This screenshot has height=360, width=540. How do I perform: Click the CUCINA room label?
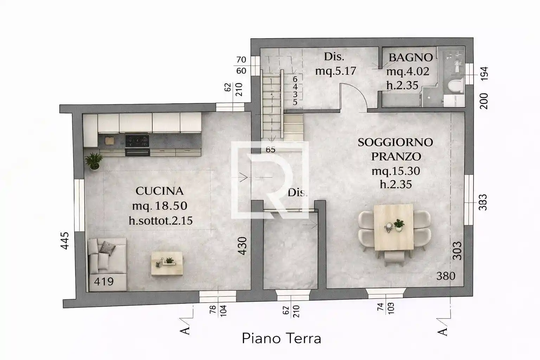pyautogui.click(x=160, y=191)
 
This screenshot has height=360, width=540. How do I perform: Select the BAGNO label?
pyautogui.click(x=410, y=57)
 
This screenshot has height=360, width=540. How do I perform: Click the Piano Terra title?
pyautogui.click(x=281, y=339)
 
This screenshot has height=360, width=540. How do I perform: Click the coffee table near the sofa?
pyautogui.click(x=167, y=263)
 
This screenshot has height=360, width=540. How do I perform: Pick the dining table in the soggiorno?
pyautogui.click(x=393, y=227)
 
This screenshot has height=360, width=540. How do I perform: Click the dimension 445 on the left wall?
pyautogui.click(x=65, y=240)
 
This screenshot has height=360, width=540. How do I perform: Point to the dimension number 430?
pyautogui.click(x=243, y=246)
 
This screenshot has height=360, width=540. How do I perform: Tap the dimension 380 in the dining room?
pyautogui.click(x=446, y=276)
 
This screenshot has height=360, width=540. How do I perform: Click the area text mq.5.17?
pyautogui.click(x=335, y=71)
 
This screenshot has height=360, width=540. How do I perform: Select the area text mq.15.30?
pyautogui.click(x=396, y=171)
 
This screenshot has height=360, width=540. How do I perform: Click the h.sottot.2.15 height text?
pyautogui.click(x=161, y=220)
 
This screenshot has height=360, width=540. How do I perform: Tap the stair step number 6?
pyautogui.click(x=295, y=79)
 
